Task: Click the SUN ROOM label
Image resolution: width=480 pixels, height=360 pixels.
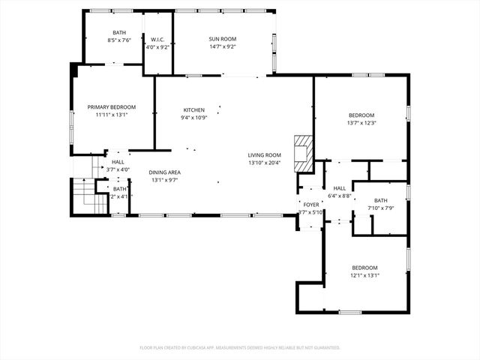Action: (x=222, y=38)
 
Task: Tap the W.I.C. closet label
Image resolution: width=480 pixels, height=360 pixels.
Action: (x=157, y=39)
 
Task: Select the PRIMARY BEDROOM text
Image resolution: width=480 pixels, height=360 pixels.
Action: (x=111, y=107)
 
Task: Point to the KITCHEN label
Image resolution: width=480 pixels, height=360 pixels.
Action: (x=193, y=110)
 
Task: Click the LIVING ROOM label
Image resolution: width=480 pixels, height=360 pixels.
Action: (x=264, y=155)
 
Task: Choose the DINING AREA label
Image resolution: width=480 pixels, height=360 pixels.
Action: (x=164, y=172)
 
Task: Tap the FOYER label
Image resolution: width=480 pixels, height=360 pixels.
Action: (x=310, y=205)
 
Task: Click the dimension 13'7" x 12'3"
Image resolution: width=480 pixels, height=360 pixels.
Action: (x=360, y=123)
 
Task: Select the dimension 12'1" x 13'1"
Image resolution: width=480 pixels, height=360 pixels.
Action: (x=364, y=275)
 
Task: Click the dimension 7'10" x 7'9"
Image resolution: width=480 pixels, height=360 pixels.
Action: (x=381, y=208)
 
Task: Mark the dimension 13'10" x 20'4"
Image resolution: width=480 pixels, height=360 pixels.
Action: (x=264, y=163)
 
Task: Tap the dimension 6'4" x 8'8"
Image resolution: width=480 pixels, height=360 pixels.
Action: (x=340, y=196)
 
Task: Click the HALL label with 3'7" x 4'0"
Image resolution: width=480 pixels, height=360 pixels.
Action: (x=118, y=162)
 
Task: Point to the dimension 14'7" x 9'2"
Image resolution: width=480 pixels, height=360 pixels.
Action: (x=222, y=46)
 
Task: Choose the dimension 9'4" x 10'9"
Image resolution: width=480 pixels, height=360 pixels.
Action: (x=193, y=118)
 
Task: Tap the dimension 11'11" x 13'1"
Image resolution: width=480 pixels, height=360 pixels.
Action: (x=111, y=115)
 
